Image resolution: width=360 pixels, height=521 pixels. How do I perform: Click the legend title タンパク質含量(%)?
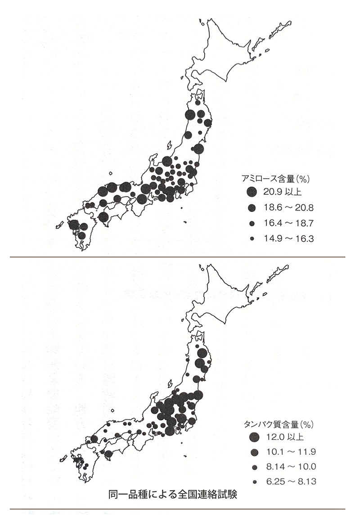[x=279, y=424]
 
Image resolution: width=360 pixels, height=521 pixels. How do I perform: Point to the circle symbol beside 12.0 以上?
[x=254, y=436]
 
